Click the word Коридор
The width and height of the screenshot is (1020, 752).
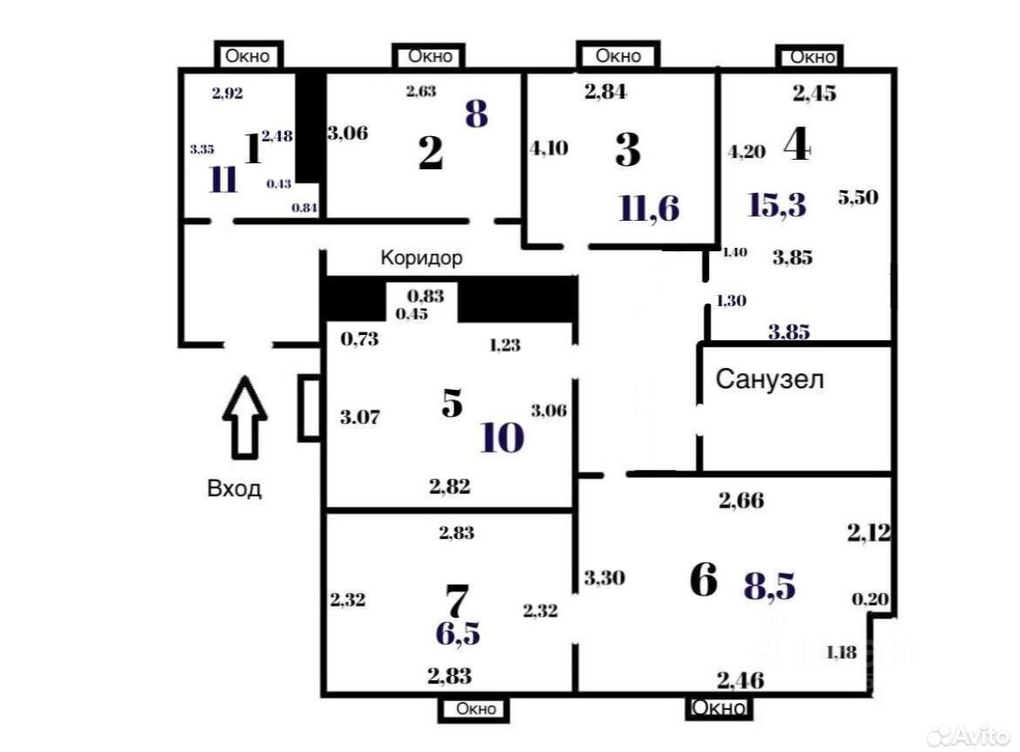tap(421, 258)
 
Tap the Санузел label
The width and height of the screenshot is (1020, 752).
tap(770, 380)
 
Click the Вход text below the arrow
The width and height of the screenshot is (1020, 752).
tap(234, 489)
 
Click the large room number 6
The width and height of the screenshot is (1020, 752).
tap(704, 581)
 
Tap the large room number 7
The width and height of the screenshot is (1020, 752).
tap(457, 601)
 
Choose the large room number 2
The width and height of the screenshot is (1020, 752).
tap(430, 153)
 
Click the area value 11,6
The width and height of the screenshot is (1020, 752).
tap(650, 207)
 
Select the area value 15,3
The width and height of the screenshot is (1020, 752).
tap(778, 205)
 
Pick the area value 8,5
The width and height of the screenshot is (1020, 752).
tap(770, 585)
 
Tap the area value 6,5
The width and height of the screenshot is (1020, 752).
tap(458, 633)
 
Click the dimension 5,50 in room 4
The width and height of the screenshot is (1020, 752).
tap(858, 197)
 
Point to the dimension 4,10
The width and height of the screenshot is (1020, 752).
tap(549, 148)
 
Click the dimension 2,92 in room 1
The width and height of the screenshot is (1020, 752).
tap(227, 93)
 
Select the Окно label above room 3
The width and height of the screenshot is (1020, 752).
tap(618, 56)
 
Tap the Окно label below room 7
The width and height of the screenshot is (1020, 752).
tap(475, 709)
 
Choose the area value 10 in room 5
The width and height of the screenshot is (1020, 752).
tap(502, 438)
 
